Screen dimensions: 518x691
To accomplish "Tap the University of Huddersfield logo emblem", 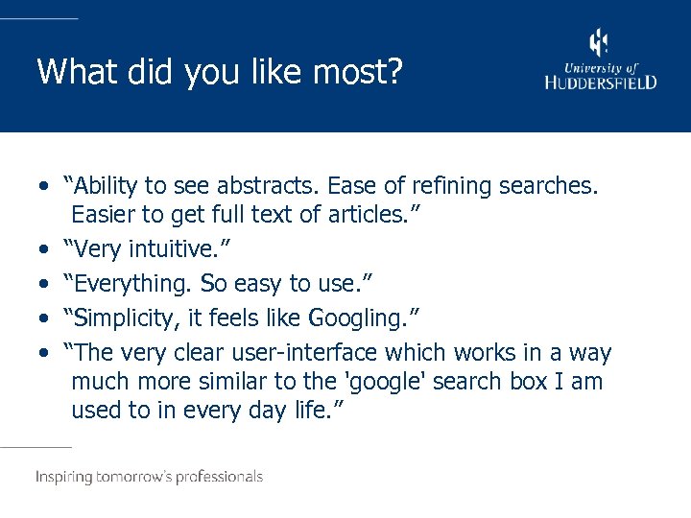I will [x=599, y=42].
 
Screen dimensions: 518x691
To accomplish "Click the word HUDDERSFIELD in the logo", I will [x=601, y=82].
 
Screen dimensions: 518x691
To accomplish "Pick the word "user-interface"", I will [x=275, y=352].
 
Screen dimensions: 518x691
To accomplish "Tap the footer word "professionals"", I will [x=217, y=477].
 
